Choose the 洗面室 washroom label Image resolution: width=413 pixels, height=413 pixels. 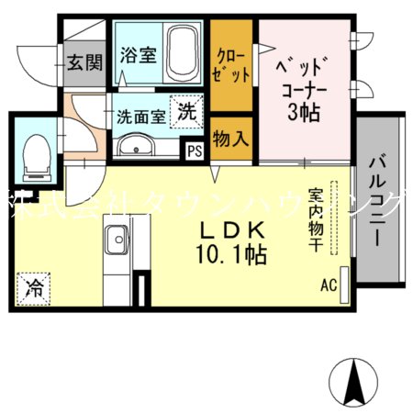(141, 117)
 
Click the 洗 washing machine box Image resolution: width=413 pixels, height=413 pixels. (186, 113)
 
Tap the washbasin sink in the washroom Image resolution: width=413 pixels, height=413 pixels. (138, 145)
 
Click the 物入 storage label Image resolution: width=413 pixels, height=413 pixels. (230, 140)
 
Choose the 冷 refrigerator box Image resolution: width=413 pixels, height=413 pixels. (34, 285)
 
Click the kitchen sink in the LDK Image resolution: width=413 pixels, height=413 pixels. (117, 245)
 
